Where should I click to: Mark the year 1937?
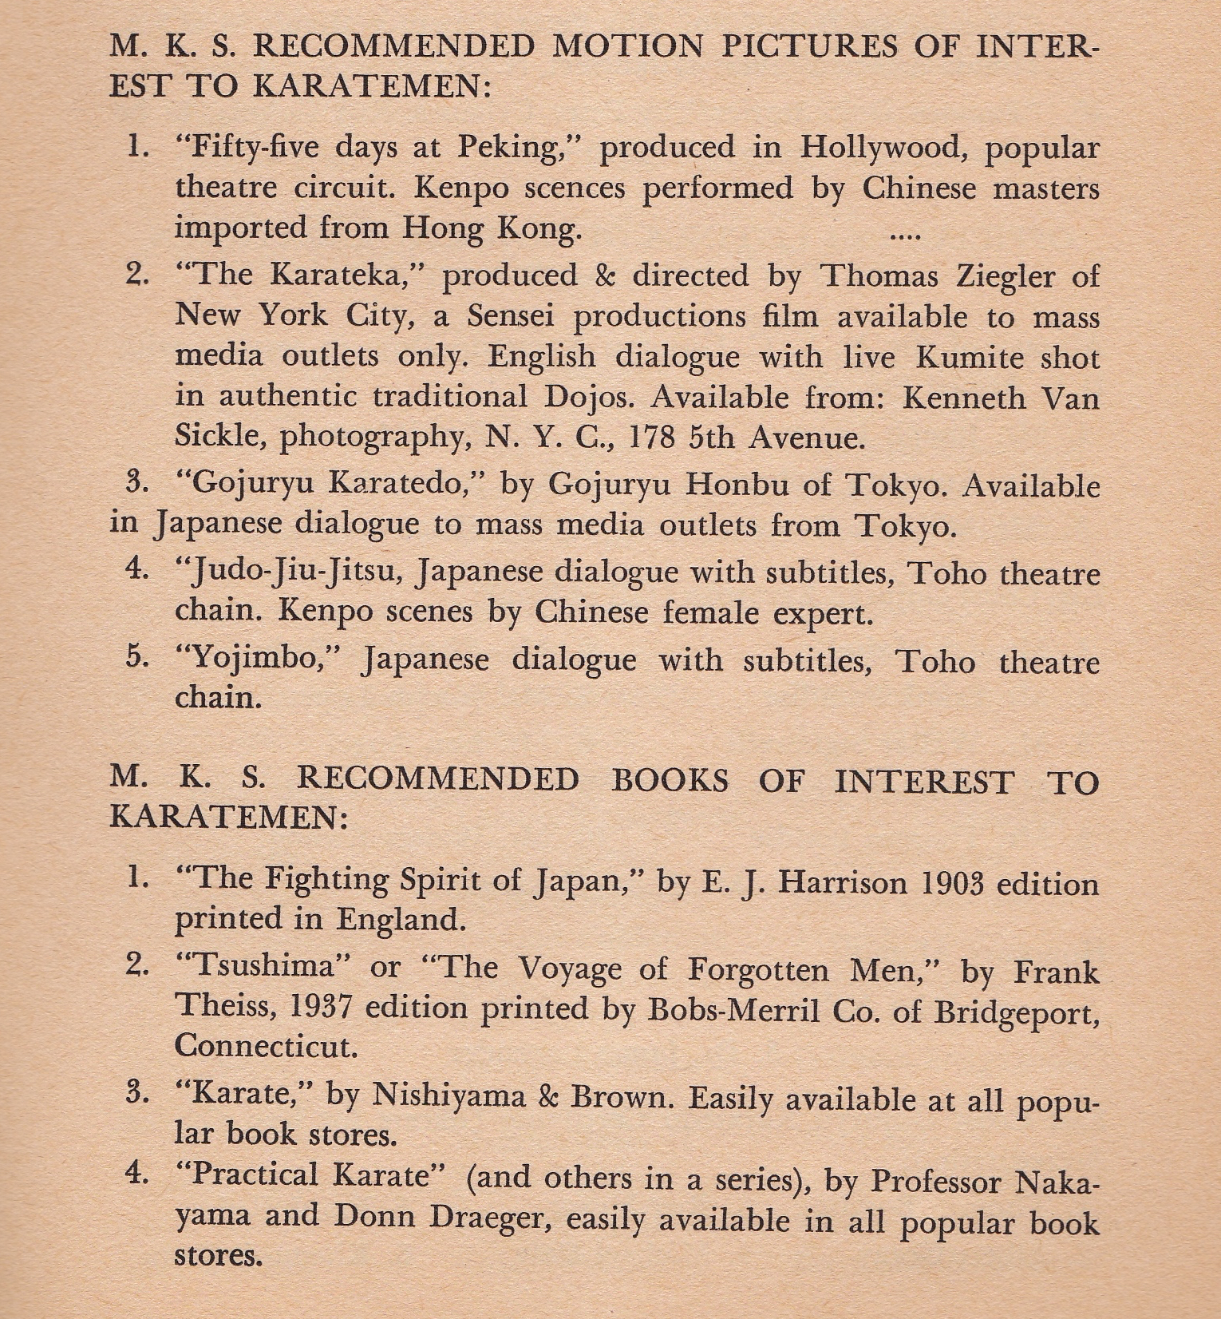322,1007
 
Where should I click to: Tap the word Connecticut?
266,1045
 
